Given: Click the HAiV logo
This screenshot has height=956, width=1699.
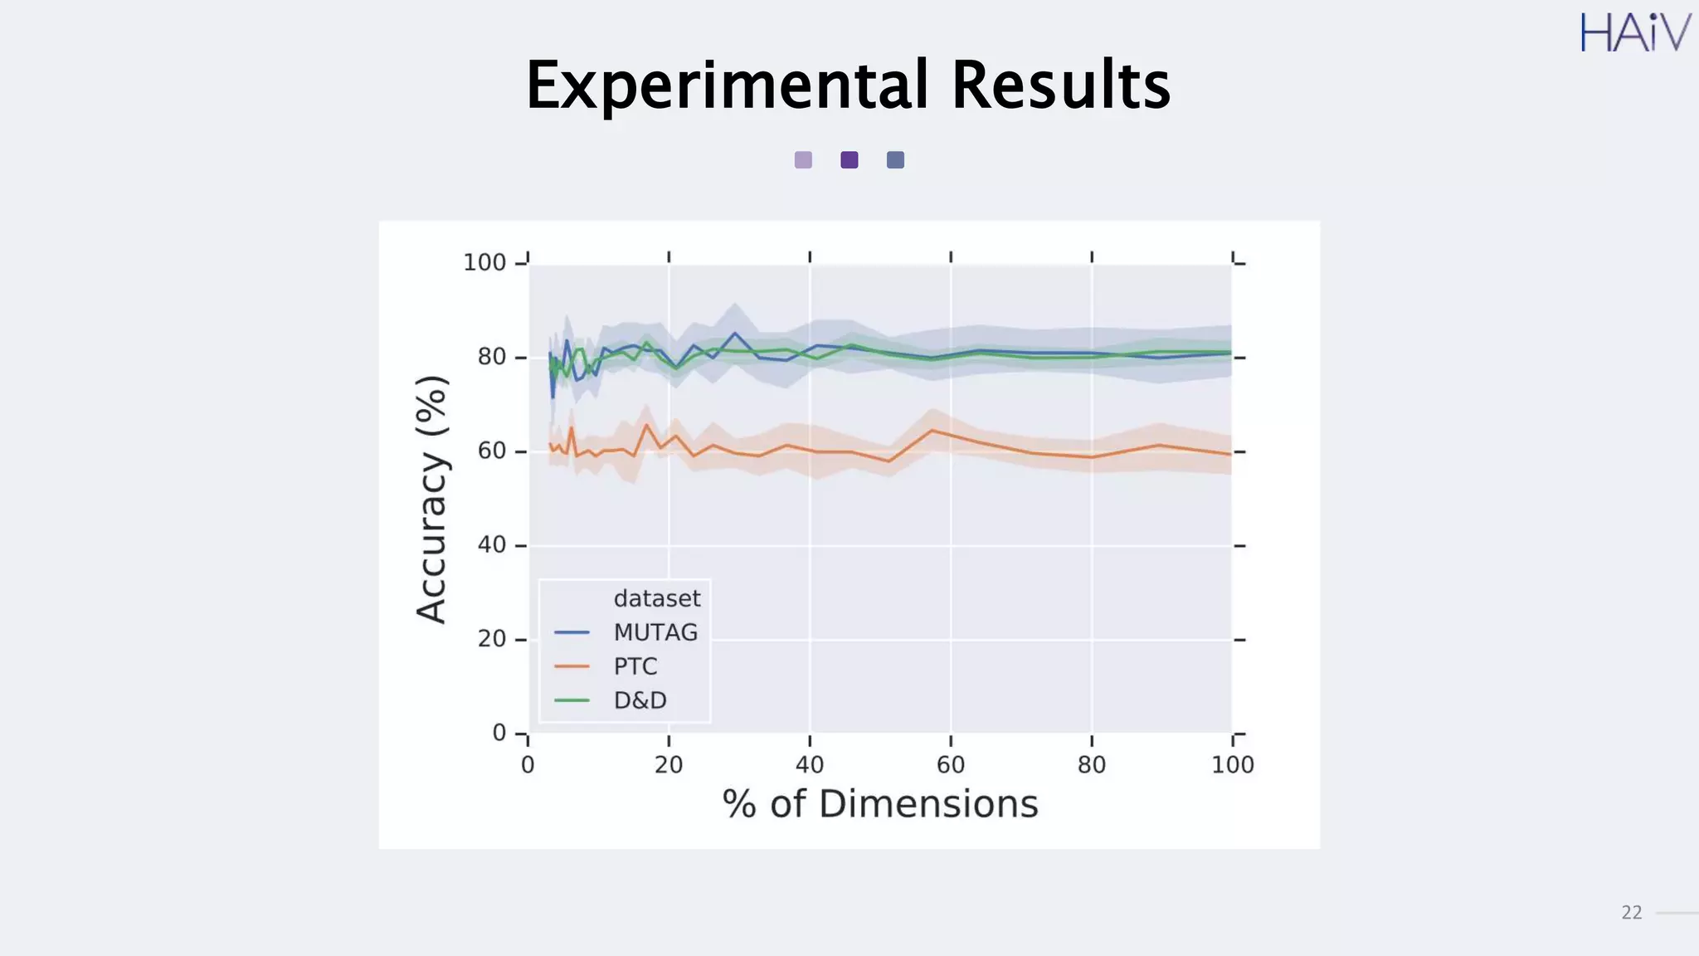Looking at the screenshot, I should [1634, 33].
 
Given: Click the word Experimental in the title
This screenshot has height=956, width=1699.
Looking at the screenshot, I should [727, 85].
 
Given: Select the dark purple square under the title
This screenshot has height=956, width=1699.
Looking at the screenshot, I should [849, 160].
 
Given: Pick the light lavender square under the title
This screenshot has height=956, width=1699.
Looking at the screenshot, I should [803, 160].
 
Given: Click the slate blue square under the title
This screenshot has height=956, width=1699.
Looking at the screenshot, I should [895, 160].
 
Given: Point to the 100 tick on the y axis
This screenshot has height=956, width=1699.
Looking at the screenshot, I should [484, 263].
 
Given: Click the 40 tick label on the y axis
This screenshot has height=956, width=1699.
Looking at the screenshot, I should [491, 545].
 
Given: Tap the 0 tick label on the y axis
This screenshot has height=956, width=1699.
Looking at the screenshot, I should [499, 733].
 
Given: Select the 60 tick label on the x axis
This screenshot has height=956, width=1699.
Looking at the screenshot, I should [951, 765].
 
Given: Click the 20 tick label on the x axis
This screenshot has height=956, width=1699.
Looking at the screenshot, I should [669, 765].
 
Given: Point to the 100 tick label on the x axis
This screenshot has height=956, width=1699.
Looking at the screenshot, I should [1232, 765].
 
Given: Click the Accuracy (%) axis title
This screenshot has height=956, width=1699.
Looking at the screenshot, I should [432, 499].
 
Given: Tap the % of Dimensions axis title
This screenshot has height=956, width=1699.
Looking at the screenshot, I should [880, 804].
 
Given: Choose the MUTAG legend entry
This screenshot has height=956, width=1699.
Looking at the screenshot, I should [655, 632].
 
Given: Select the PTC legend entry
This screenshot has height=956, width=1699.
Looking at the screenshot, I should [635, 666].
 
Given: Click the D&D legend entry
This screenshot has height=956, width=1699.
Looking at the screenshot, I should [640, 700].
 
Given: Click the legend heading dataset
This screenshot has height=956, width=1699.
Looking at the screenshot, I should [656, 598].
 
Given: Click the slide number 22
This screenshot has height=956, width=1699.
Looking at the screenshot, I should [1631, 913].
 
